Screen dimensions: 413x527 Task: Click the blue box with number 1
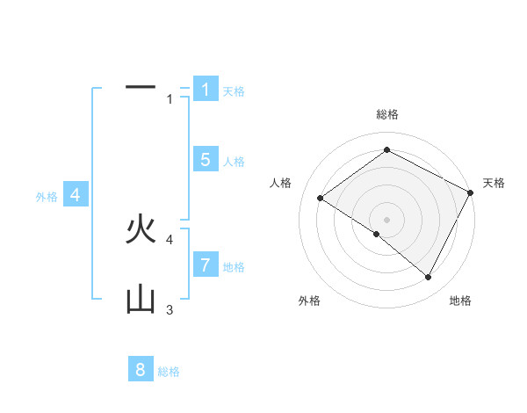(205, 89)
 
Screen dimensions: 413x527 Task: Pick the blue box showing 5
(205, 159)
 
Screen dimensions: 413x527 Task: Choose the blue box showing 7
(205, 264)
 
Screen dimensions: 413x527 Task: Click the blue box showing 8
(141, 369)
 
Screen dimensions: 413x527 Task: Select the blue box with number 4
(76, 195)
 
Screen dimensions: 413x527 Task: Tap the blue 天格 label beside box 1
(234, 91)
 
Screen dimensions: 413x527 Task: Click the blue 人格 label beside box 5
(234, 162)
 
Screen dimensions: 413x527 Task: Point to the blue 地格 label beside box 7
(234, 267)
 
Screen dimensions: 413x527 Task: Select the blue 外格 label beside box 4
(47, 198)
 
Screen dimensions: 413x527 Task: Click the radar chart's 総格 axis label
(387, 114)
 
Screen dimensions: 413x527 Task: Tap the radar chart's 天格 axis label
(495, 183)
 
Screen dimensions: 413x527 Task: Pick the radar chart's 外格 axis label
(309, 301)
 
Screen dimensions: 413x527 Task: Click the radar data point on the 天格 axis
(470, 192)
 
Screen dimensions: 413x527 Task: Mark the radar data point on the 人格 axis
(321, 199)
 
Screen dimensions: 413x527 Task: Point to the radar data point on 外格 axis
(376, 234)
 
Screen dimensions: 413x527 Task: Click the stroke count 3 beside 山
(170, 309)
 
